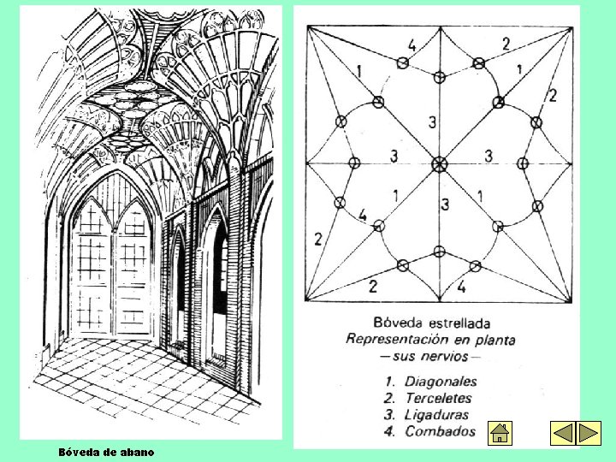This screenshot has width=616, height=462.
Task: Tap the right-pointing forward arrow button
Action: pos(589,433)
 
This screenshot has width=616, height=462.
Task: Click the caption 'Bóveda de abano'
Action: pos(107,451)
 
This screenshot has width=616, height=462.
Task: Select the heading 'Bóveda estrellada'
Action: pos(432,323)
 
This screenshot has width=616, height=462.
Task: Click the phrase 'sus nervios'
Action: pos(431,355)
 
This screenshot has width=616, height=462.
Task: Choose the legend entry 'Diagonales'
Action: pos(441,382)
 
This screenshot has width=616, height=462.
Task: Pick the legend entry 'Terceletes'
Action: pos(438,398)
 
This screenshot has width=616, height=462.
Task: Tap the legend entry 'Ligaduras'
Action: pos(437,414)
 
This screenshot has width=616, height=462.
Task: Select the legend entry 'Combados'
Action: pos(440,431)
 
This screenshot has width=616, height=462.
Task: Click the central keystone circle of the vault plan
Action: pos(440,163)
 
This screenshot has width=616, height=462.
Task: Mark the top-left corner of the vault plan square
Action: pos(307,27)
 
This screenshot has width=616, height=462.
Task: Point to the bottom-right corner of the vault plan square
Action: pos(572,300)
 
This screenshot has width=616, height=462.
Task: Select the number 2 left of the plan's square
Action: pos(317,239)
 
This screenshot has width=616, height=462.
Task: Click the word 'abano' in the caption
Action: pos(138,451)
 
